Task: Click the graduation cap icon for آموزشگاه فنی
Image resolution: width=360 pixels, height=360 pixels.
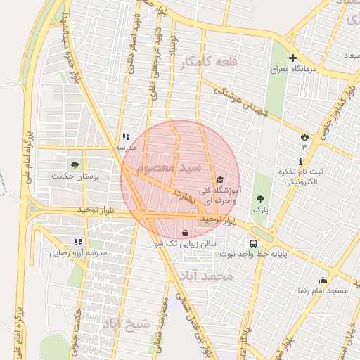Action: click(x=219, y=180)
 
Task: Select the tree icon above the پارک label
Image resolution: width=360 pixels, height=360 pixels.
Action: click(x=261, y=199)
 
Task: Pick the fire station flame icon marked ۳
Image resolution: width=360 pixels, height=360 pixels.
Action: click(x=304, y=136)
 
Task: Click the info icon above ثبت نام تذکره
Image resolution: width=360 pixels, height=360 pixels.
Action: click(x=301, y=162)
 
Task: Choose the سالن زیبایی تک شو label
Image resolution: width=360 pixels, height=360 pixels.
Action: click(x=185, y=243)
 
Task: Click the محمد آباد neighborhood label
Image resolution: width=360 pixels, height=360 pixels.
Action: click(x=205, y=276)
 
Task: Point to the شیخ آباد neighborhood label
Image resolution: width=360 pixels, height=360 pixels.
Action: click(x=127, y=324)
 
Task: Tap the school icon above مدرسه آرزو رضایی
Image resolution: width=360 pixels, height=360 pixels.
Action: click(x=78, y=241)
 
